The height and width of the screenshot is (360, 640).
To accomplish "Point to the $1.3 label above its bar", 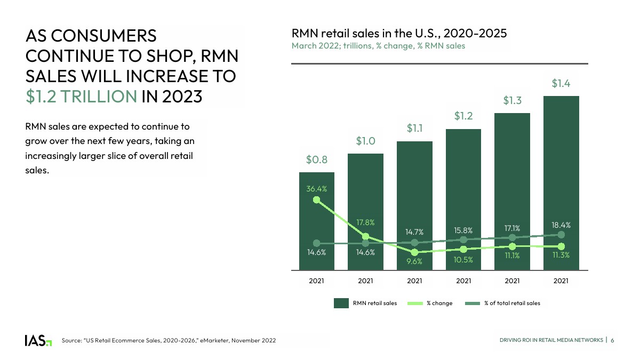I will (x=512, y=100).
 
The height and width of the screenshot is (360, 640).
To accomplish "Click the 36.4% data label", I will (x=316, y=188).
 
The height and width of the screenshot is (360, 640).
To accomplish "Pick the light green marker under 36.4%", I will (x=316, y=199).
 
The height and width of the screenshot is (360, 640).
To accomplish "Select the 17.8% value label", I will (x=365, y=222).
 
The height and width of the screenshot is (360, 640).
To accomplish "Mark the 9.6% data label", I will (x=414, y=261).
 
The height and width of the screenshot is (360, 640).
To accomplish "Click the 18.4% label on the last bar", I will (x=561, y=226).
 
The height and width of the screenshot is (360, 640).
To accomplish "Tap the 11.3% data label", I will (x=561, y=255).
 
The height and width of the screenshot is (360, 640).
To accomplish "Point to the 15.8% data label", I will (x=463, y=230).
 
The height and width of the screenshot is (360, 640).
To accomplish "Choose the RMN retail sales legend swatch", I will (x=341, y=303).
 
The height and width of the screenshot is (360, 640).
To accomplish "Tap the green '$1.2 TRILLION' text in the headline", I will (x=82, y=96).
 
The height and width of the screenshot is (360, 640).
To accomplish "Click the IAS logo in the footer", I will (x=38, y=340).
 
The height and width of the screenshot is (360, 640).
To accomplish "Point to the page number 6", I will (x=613, y=340).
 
